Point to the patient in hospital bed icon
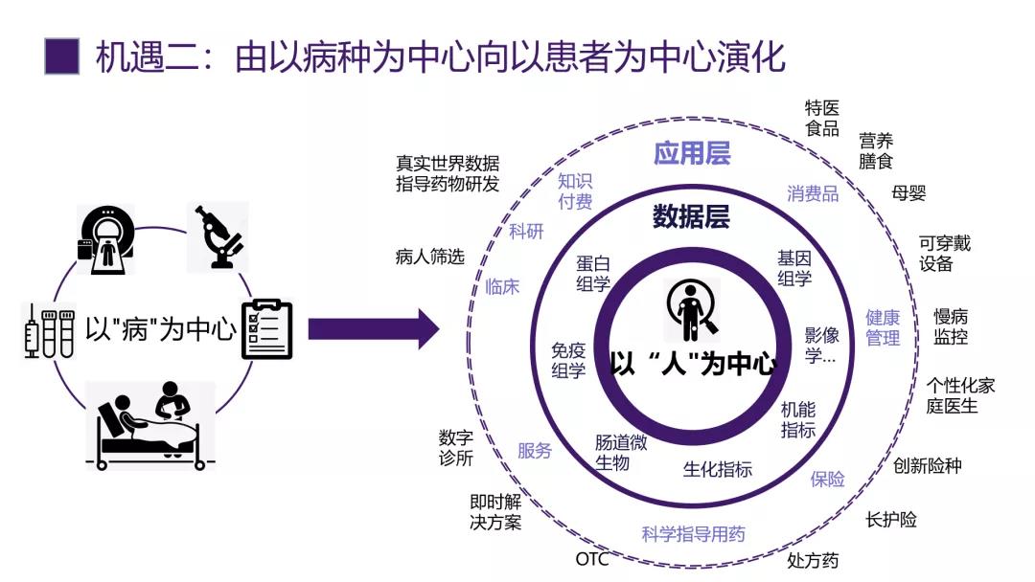151,425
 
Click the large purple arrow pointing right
373,329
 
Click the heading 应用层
692,153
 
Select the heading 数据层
691,216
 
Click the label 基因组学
794,268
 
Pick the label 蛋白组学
593,273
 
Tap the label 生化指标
717,469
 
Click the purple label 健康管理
883,327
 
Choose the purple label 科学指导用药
693,534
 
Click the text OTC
592,559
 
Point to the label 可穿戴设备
944,254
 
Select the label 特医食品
821,118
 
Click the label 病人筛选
429,257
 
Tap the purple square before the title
61,56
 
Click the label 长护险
891,520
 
